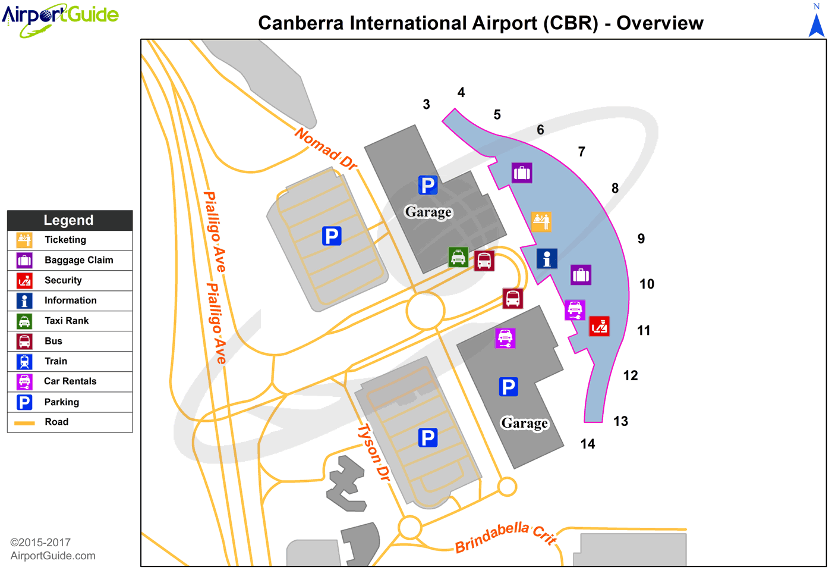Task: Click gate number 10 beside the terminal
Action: click(x=647, y=284)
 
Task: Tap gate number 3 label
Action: click(x=426, y=105)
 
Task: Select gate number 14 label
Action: click(x=587, y=444)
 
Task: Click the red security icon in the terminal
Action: click(x=599, y=327)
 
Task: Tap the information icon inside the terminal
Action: click(x=547, y=259)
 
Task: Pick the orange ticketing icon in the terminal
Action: click(x=541, y=222)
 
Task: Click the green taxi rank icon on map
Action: click(x=458, y=257)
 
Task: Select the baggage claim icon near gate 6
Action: click(x=522, y=173)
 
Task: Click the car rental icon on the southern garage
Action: click(x=505, y=338)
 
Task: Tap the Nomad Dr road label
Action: click(x=326, y=149)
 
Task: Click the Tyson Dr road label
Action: click(x=373, y=452)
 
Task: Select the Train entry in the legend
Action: click(x=56, y=361)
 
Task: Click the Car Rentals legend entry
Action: click(x=70, y=381)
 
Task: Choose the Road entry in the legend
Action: click(x=56, y=422)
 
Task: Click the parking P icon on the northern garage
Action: click(x=427, y=185)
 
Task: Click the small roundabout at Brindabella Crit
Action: click(x=409, y=527)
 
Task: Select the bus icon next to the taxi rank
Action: click(x=484, y=261)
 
